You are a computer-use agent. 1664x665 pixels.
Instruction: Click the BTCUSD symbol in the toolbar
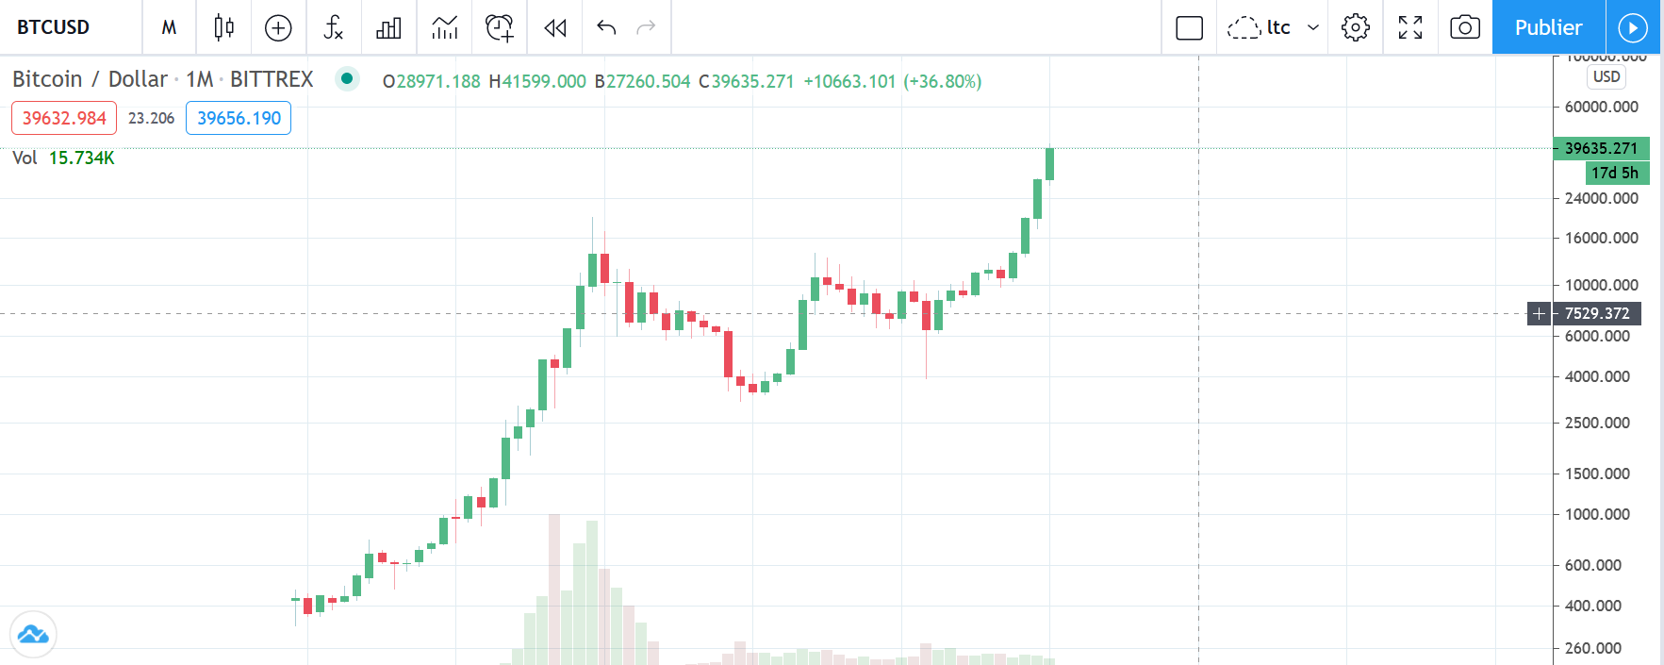tap(53, 27)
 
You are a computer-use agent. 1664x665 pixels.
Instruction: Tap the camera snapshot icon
tap(1464, 27)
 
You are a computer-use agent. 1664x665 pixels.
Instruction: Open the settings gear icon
tap(1355, 27)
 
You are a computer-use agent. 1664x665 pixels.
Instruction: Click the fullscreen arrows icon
tap(1409, 27)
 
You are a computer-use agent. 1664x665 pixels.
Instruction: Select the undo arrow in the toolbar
tap(606, 27)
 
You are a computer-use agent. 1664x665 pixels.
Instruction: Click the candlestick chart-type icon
tap(223, 27)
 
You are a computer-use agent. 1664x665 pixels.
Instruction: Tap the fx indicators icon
tap(333, 27)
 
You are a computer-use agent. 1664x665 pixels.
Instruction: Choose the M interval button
tap(169, 27)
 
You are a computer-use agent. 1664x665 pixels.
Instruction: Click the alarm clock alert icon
tap(499, 27)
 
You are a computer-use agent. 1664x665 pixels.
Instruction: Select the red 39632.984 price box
tap(64, 118)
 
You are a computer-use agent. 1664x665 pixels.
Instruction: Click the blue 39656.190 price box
tap(239, 118)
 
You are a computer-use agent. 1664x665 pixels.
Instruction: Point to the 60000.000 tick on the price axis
tap(1601, 107)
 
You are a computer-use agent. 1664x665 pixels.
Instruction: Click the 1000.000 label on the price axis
tap(1597, 514)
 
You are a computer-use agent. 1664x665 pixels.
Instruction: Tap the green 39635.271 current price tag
tap(1601, 148)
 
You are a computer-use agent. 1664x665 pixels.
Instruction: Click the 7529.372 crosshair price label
tap(1597, 313)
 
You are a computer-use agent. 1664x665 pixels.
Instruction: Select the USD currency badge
tap(1606, 77)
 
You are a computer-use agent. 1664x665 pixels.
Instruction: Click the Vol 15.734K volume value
tap(81, 158)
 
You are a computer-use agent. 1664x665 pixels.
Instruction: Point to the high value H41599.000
tap(537, 81)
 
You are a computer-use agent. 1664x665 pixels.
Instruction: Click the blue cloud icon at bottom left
tap(33, 634)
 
